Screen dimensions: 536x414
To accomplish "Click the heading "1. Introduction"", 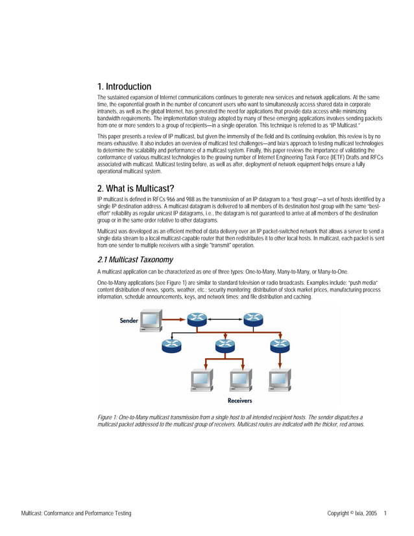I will (x=124, y=86).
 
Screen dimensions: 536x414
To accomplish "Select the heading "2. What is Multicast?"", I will (x=136, y=189).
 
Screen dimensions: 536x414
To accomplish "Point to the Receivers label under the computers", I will (x=240, y=400).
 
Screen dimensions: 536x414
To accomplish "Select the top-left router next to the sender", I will (x=196, y=319).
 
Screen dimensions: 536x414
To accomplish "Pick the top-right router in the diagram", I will (x=253, y=319).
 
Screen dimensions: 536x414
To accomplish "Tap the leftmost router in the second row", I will (x=172, y=346).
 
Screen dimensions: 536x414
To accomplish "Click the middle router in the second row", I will (x=225, y=346).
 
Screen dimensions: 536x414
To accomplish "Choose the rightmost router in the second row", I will (x=278, y=346).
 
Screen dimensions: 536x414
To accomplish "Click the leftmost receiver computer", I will (x=200, y=380).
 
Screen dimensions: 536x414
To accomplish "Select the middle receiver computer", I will (x=240, y=380).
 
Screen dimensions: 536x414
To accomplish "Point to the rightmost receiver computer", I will (x=280, y=380).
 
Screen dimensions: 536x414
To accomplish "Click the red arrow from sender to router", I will (x=173, y=319).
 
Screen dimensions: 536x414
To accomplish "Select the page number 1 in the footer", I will (x=385, y=513).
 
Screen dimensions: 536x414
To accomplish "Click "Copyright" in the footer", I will (x=341, y=513).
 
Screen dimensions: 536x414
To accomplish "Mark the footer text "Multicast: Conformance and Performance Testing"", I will (x=76, y=513).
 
